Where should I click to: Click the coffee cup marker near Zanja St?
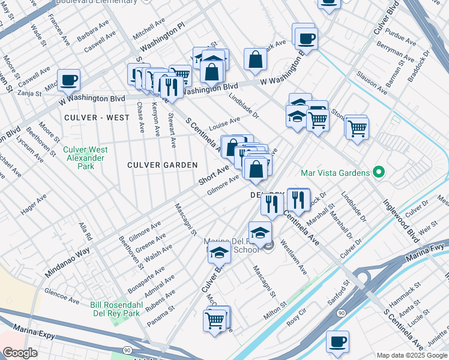coord(69,80)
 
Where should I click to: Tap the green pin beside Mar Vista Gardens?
coord(378,173)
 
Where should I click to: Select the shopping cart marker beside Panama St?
coord(214,321)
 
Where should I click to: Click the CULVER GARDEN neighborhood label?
coord(163,165)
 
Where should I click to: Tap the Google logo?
coord(19,353)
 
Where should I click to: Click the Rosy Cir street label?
coord(297,317)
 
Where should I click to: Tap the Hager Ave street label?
coord(33,205)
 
